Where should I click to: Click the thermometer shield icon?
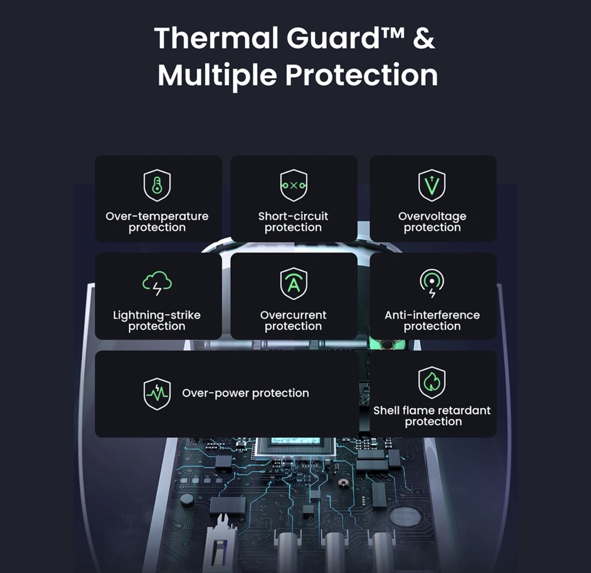[157, 185]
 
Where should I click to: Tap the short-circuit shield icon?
[294, 185]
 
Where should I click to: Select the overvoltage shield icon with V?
[432, 185]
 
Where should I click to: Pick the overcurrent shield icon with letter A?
[294, 284]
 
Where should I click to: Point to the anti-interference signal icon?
[432, 283]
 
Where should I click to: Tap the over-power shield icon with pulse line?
[157, 394]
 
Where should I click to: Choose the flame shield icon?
[432, 382]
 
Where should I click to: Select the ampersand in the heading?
[424, 38]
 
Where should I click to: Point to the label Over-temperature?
[157, 216]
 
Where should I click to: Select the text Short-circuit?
[293, 216]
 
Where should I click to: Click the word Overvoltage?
[432, 217]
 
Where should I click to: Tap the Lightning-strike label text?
[157, 316]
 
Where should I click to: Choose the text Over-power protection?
[245, 393]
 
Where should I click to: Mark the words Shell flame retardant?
[432, 411]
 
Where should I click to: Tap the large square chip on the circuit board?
[295, 446]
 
